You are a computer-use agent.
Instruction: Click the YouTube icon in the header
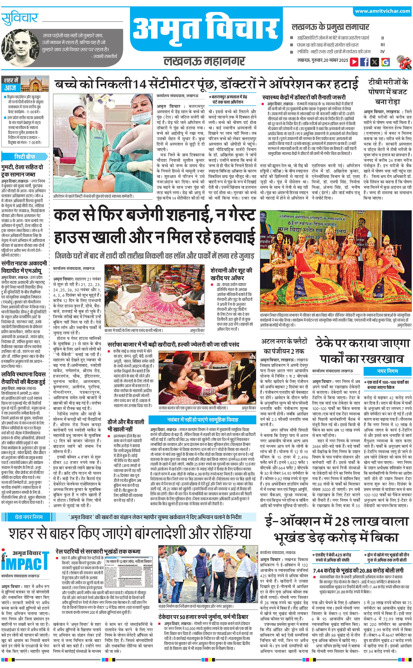tap(354, 62)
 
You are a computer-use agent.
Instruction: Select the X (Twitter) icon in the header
tap(375, 62)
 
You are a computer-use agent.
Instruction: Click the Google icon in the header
tap(385, 62)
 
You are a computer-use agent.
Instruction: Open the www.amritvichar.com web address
tap(382, 11)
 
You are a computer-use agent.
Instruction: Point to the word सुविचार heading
tap(19, 19)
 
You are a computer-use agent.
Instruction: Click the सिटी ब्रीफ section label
tap(25, 156)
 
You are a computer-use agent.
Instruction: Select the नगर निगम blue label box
tap(387, 371)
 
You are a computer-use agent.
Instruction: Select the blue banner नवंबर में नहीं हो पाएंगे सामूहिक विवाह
tap(202, 419)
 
